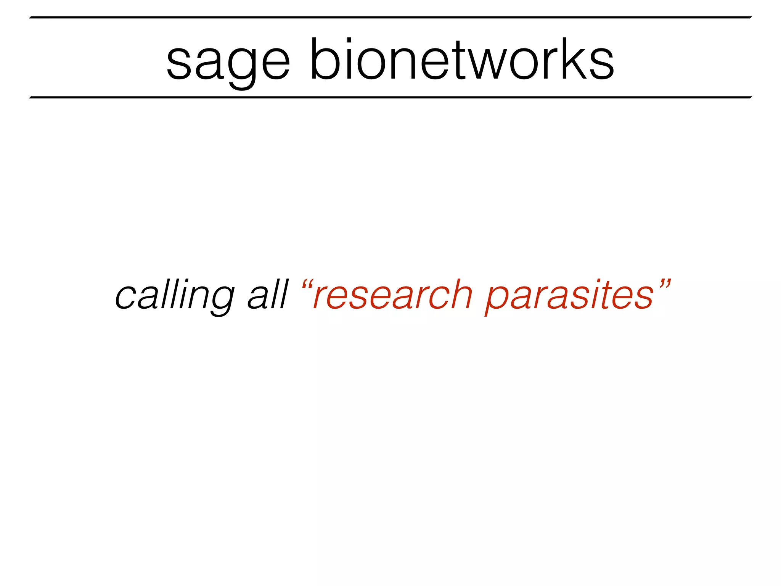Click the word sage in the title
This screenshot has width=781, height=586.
(x=228, y=61)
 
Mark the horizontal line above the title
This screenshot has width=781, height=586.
(x=390, y=17)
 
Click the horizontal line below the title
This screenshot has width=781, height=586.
(x=390, y=97)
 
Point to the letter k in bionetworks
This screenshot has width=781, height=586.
(x=572, y=59)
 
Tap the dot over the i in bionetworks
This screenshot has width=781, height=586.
(x=349, y=41)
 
